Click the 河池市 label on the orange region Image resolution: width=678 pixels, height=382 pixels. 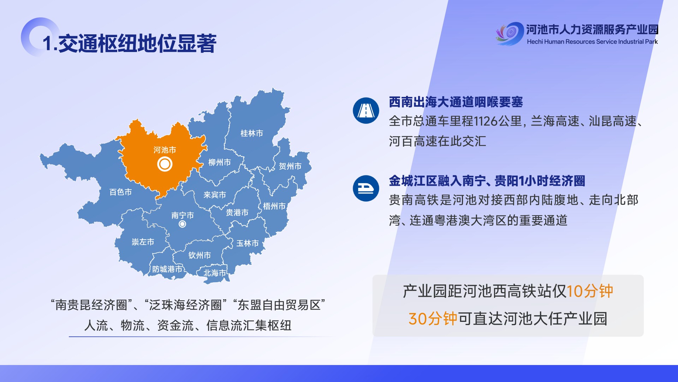pos(165,150)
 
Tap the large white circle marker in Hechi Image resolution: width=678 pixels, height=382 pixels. pos(165,164)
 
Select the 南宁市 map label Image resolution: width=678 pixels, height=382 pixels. pos(182,215)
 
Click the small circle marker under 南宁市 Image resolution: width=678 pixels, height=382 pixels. pos(182,224)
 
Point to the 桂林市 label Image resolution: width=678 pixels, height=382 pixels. pos(251,133)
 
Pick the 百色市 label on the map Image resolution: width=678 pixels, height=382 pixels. pos(120,192)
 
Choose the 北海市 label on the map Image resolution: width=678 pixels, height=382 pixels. pos(214,273)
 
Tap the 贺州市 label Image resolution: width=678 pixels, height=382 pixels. pos(290,166)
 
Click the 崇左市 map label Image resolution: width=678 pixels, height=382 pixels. pos(143,242)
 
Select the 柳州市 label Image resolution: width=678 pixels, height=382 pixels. pos(219,162)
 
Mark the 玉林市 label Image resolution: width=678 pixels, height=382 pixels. pos(247,243)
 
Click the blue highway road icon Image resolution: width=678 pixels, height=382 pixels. pos(366,111)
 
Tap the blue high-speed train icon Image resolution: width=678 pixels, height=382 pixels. pos(366,189)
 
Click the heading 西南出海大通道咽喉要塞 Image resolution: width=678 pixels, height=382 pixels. pos(456,102)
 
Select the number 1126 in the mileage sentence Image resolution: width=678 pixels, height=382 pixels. pos(486,121)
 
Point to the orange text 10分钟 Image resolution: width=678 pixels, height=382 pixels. pos(589,291)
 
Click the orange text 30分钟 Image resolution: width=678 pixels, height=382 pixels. pos(433,319)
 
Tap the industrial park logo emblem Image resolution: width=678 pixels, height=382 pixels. pos(510,33)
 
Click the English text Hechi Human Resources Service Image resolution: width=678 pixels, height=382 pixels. pos(572,42)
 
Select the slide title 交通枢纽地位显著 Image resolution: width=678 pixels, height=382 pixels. pos(137,44)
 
